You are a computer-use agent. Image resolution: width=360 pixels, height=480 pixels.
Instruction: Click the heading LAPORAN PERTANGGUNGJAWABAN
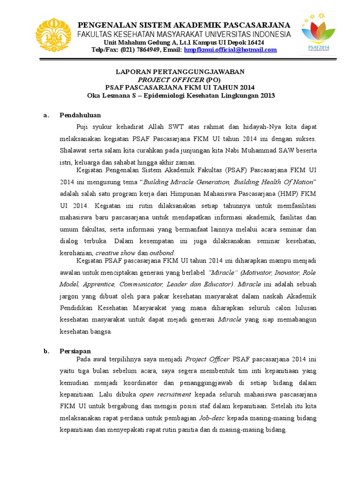(x=180, y=72)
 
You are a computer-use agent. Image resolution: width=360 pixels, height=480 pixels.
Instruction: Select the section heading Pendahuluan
(x=80, y=115)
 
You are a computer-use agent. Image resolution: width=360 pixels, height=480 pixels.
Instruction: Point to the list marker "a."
(x=45, y=115)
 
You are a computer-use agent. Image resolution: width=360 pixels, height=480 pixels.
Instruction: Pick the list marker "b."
(x=46, y=351)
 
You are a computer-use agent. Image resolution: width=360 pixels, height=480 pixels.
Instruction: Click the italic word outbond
(x=162, y=253)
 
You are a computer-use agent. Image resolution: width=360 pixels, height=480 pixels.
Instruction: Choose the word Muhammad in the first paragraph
(x=262, y=150)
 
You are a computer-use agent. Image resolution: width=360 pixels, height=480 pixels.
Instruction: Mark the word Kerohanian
(x=76, y=253)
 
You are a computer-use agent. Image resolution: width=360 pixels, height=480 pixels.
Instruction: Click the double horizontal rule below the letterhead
(x=180, y=59)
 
